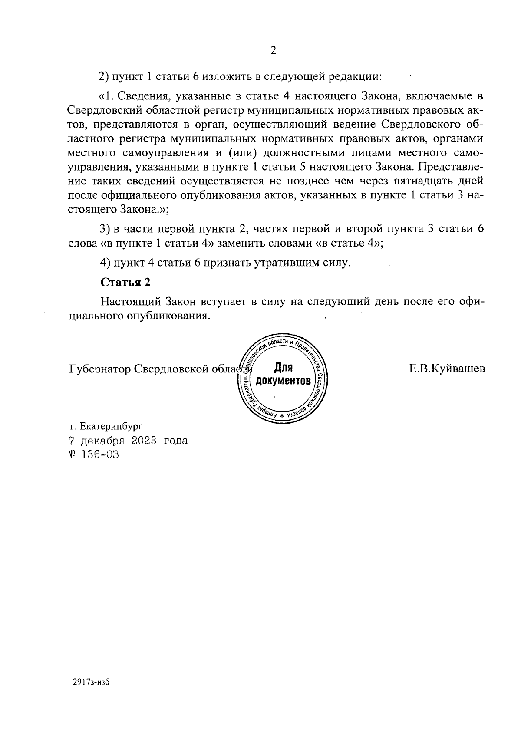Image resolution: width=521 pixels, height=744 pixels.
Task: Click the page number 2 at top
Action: point(273,51)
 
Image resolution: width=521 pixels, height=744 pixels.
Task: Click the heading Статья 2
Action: point(125,282)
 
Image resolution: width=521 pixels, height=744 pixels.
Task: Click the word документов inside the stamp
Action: point(283,382)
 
